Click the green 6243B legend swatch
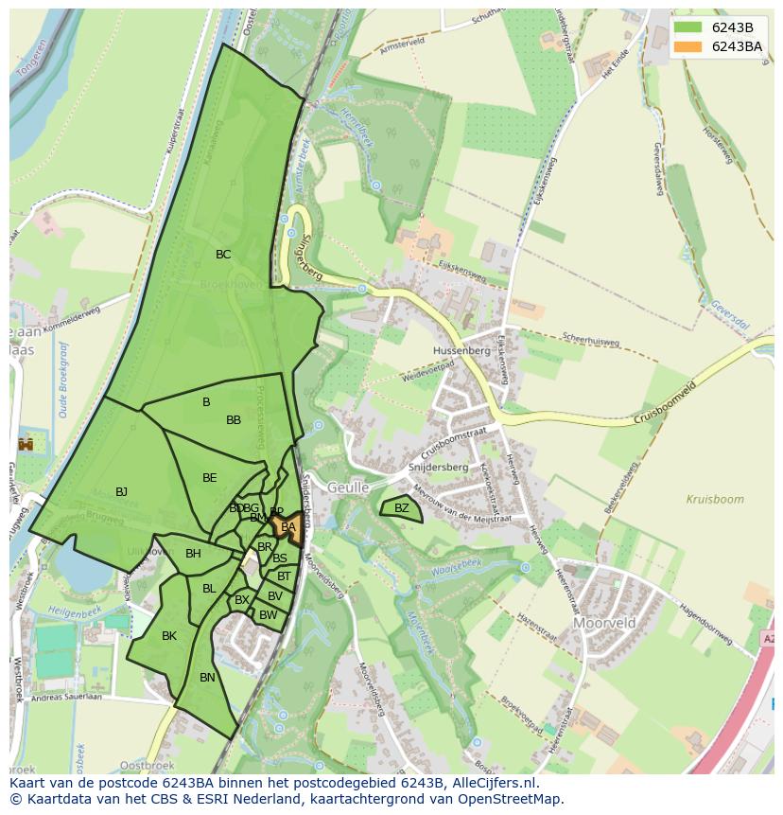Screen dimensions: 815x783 688,27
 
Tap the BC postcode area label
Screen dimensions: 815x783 223,255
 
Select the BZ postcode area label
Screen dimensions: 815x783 402,508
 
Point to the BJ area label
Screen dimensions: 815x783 121,492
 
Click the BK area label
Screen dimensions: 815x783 169,636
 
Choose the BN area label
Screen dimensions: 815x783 207,678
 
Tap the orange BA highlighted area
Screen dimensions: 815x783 288,527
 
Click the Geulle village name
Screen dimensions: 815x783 348,487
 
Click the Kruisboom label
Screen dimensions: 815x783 715,499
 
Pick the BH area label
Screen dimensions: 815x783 193,554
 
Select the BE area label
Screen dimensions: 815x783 210,478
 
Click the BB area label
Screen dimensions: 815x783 234,420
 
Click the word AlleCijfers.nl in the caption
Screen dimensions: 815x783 491,784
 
